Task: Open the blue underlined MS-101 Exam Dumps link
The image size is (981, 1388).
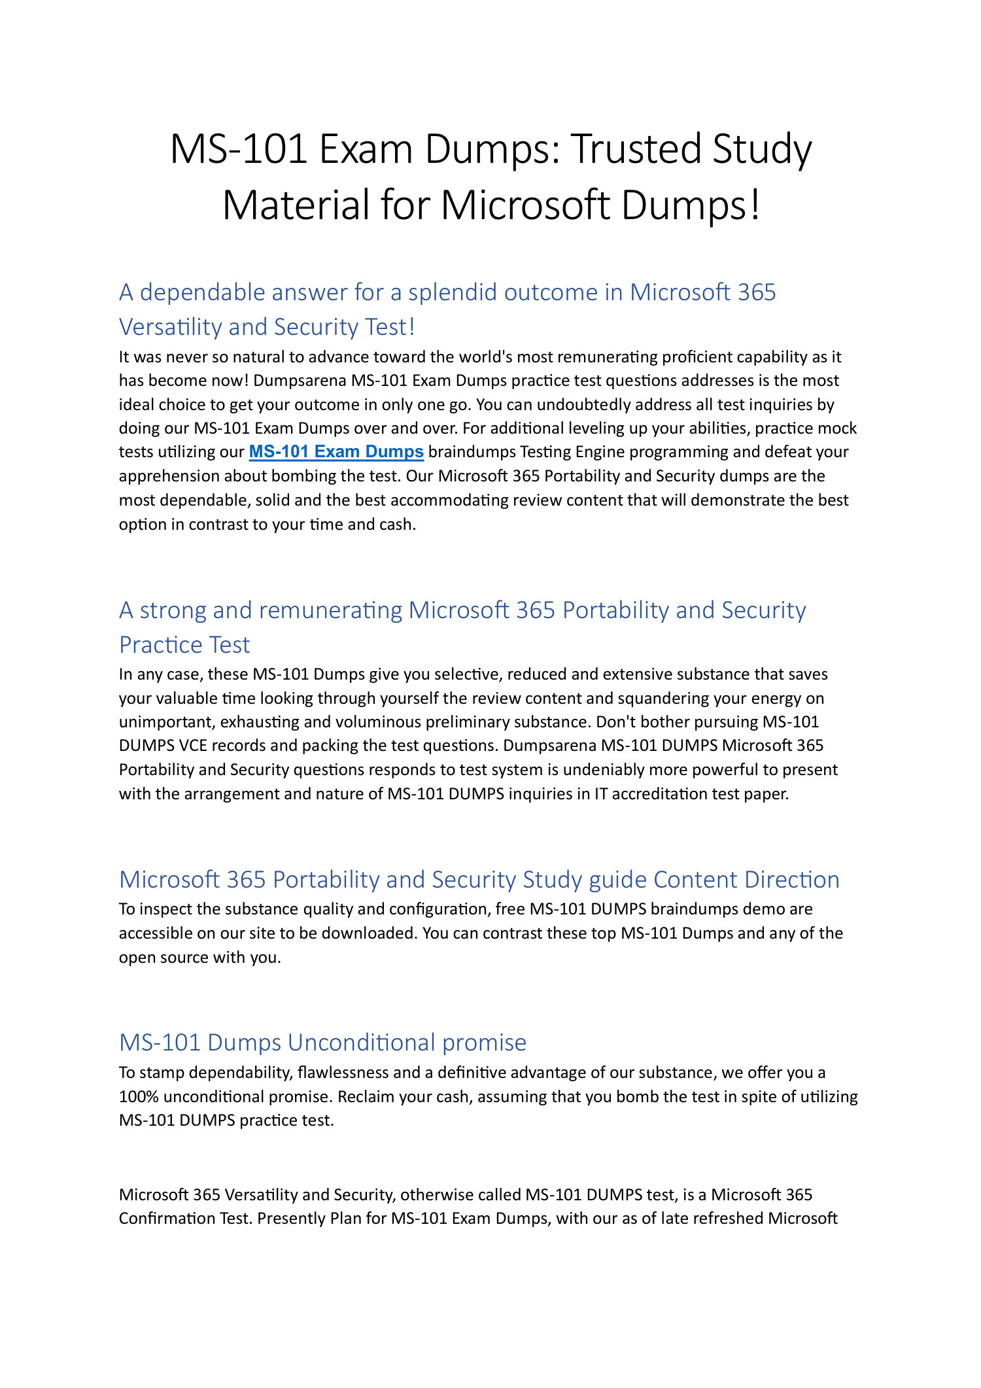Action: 336,452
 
